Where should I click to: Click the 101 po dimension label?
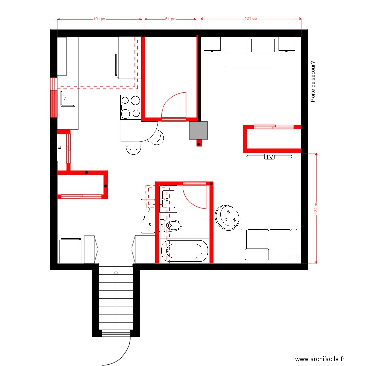99,19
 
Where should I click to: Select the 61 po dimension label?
170,19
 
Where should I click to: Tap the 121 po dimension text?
250,19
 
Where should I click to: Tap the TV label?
269,157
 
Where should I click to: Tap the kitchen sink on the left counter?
67,98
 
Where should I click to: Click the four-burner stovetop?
130,107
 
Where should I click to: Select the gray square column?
199,130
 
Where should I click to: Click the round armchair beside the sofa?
228,217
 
